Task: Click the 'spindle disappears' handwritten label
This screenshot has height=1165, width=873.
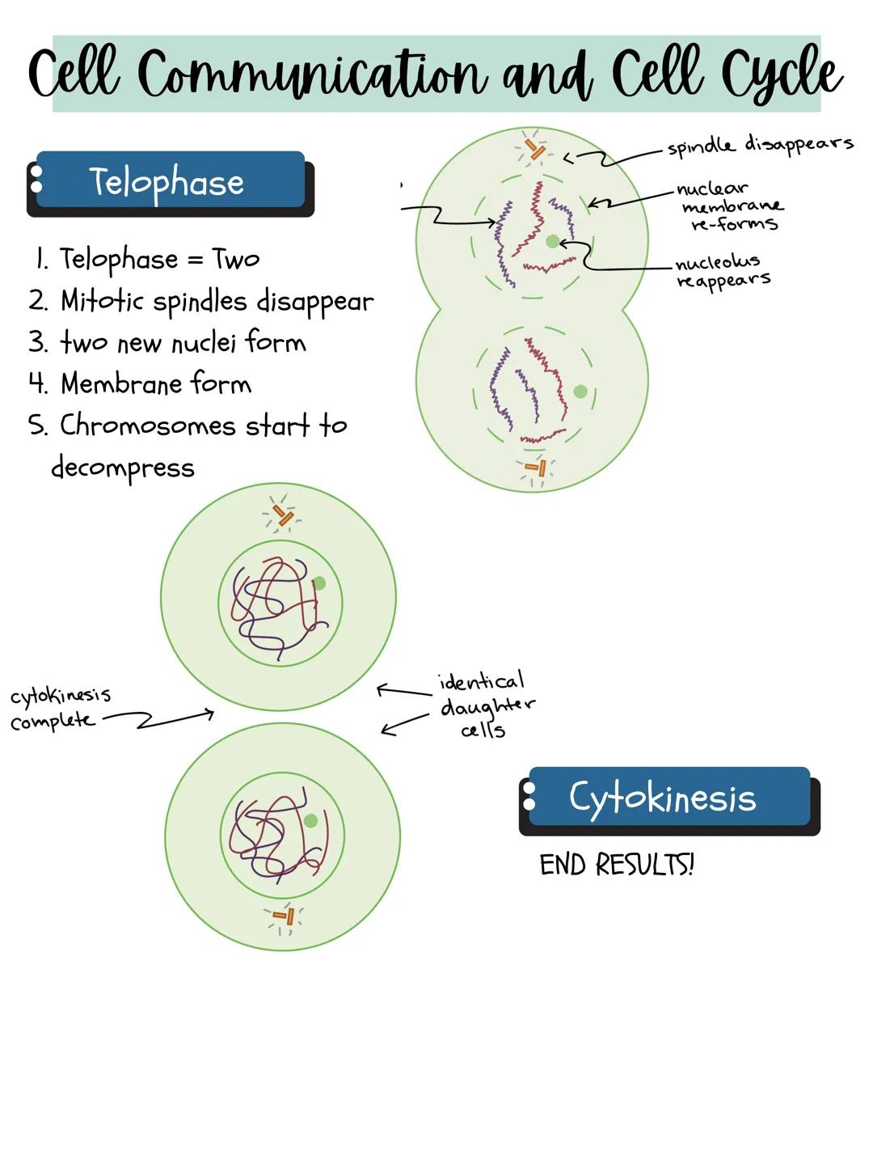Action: click(x=760, y=145)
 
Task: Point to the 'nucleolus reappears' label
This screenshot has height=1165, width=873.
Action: click(x=722, y=271)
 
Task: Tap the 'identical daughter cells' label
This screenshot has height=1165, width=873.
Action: click(x=485, y=705)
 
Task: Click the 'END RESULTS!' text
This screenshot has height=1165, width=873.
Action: click(x=617, y=865)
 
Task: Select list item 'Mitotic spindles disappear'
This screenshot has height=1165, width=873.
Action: click(x=217, y=301)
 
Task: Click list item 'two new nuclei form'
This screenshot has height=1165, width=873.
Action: click(x=183, y=343)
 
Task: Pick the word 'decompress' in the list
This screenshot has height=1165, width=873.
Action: click(x=123, y=468)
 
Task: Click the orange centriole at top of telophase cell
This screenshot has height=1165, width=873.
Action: click(x=534, y=150)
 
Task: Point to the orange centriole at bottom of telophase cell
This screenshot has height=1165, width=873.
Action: click(x=537, y=468)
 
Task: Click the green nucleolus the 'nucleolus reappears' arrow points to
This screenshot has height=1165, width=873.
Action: click(x=553, y=241)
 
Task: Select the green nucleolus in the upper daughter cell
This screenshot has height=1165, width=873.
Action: click(x=318, y=583)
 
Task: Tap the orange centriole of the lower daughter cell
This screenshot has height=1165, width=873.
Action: click(x=285, y=917)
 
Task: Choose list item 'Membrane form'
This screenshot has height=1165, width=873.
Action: click(x=156, y=383)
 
